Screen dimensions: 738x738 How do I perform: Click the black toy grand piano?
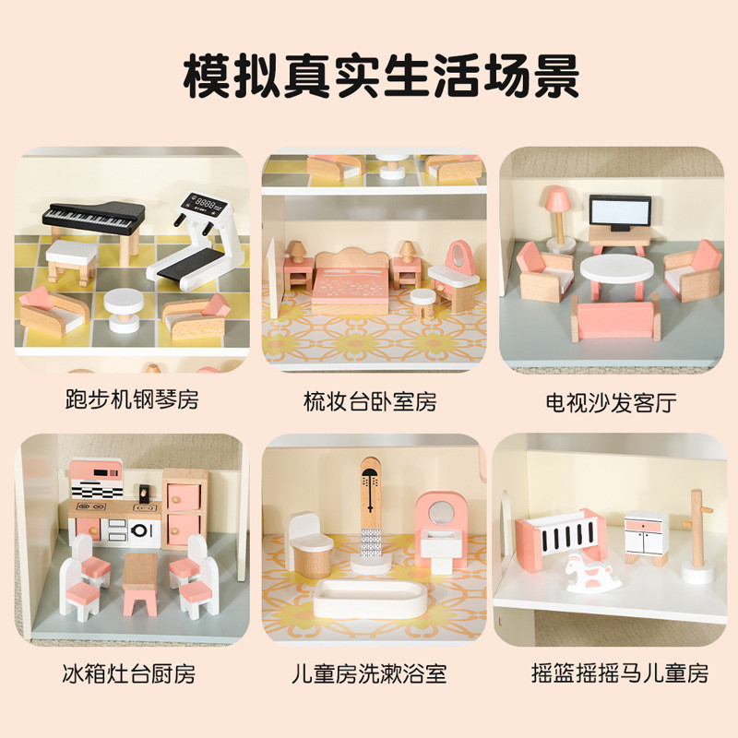tap(93, 220)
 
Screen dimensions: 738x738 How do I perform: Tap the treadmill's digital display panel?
tap(205, 205)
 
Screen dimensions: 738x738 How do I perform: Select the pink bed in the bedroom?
tap(351, 282)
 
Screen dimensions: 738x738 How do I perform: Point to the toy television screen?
tap(620, 213)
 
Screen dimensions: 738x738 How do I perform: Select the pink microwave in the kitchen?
tap(96, 472)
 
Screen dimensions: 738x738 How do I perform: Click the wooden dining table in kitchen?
tap(140, 583)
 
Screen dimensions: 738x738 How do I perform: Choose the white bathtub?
tap(371, 598)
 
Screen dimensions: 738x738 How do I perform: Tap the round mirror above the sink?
tap(441, 512)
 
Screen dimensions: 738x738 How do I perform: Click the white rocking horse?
tap(592, 573)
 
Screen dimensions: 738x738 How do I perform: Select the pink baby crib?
tap(560, 535)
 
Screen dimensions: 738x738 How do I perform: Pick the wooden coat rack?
tap(697, 537)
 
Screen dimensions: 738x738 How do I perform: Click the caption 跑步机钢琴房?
tap(132, 400)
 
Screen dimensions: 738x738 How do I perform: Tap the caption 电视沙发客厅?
tap(611, 403)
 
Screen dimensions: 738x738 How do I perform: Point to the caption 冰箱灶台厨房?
tap(129, 673)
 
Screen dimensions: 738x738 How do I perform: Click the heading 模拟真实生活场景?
tap(381, 76)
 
